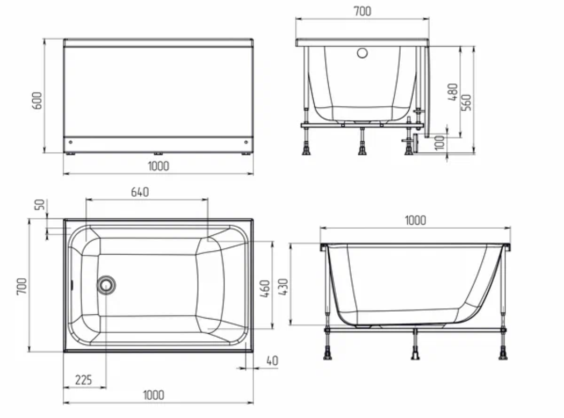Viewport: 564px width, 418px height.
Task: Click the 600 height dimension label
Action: click(x=37, y=100)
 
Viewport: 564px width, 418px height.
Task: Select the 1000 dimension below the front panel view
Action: click(x=158, y=166)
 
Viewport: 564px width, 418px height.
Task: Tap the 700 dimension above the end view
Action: click(x=362, y=11)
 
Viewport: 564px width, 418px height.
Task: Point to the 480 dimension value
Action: click(x=453, y=92)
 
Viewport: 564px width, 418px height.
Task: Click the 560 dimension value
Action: click(x=466, y=102)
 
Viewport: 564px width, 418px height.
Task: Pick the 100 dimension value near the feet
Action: click(x=439, y=143)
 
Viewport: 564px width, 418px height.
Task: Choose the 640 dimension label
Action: click(x=140, y=192)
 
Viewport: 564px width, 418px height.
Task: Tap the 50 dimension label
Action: click(x=40, y=204)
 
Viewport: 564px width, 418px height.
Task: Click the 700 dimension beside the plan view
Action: click(x=22, y=286)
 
